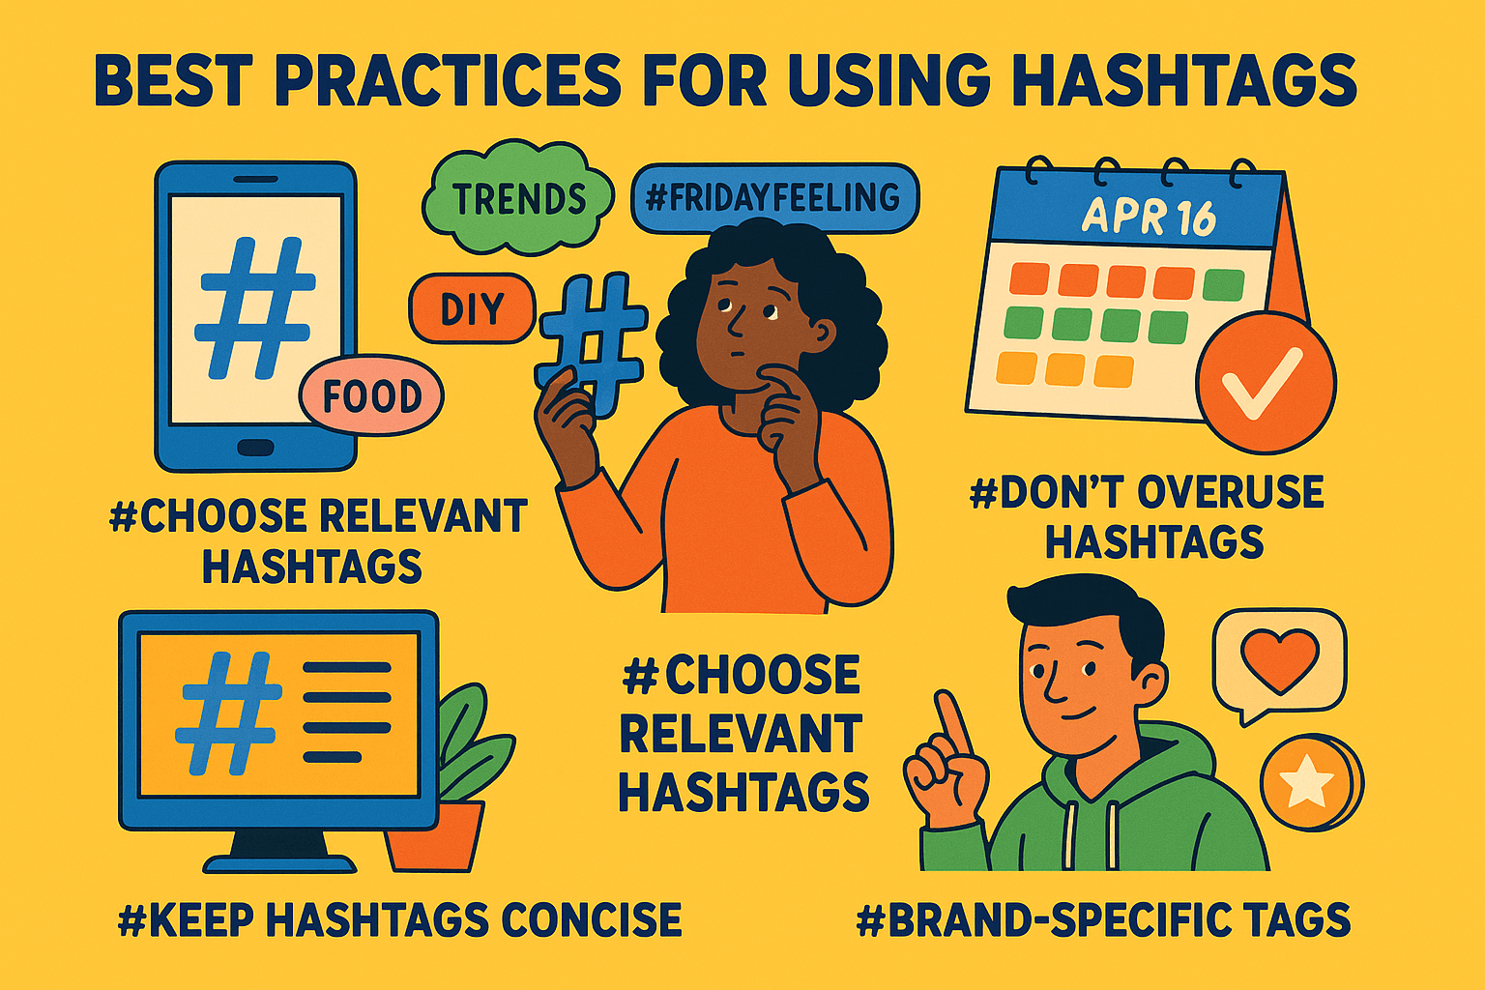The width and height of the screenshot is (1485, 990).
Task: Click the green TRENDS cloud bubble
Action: (519, 198)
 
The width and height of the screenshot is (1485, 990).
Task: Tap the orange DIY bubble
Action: (472, 309)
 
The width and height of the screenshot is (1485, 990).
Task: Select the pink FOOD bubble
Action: (371, 396)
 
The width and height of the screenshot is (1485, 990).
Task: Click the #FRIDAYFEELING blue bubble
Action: (773, 198)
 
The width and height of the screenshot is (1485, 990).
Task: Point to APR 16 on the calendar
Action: (1149, 217)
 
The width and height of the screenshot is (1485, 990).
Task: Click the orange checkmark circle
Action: (1265, 383)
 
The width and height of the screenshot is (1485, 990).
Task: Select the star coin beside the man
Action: (1307, 781)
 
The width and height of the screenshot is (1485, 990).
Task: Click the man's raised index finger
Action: (953, 721)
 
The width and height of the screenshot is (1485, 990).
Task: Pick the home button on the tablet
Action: (255, 447)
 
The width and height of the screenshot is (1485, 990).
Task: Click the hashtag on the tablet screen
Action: (255, 307)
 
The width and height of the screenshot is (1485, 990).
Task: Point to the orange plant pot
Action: (435, 835)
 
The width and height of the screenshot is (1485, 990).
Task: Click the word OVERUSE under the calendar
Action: (1230, 492)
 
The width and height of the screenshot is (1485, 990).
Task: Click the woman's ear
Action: (824, 333)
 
